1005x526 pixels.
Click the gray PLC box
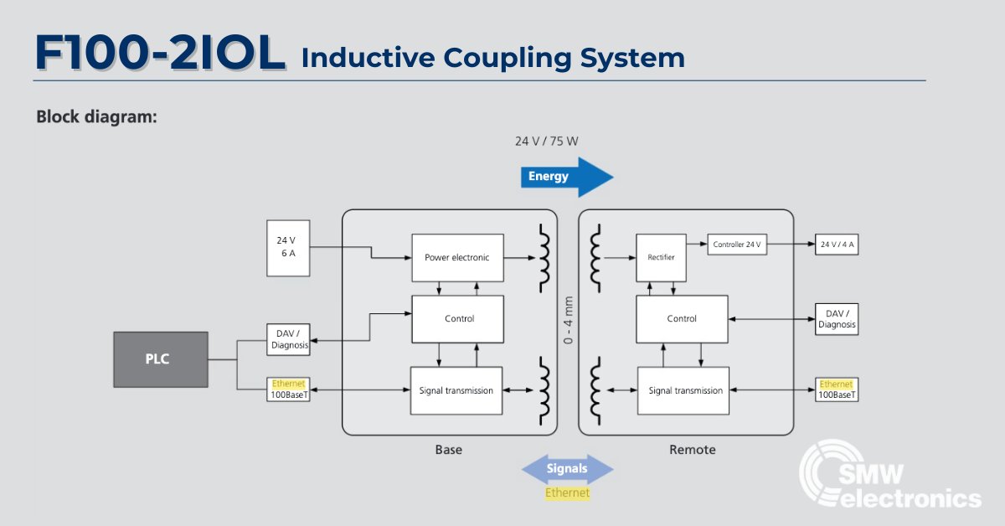point(161,359)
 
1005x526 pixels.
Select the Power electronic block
point(456,258)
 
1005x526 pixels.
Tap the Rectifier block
point(661,258)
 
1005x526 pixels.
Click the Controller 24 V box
point(737,245)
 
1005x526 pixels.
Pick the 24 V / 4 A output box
point(837,245)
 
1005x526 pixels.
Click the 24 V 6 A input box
point(286,247)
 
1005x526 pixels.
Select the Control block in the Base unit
point(458,318)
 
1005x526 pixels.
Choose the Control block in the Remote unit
point(681,318)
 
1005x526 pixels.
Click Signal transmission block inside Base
point(456,390)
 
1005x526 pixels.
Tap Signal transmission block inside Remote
point(685,390)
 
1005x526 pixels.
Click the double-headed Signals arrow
point(567,469)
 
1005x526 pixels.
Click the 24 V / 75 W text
point(546,141)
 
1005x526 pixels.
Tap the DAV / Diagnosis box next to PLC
point(288,339)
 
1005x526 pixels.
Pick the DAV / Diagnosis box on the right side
point(837,318)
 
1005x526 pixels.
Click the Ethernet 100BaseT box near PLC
point(288,389)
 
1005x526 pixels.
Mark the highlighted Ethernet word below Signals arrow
point(567,493)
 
